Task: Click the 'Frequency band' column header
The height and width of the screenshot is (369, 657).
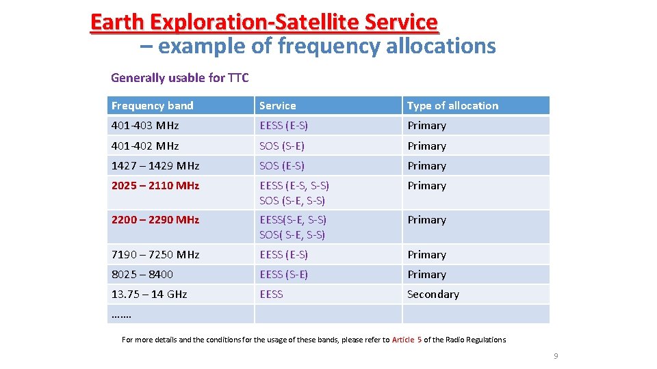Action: [x=153, y=106]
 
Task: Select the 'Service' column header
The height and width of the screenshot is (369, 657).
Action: [x=278, y=106]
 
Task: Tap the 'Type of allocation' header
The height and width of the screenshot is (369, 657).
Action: [x=452, y=106]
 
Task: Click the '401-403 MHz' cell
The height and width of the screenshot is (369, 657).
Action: [x=145, y=126]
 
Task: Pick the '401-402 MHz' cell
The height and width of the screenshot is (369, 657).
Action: [x=145, y=146]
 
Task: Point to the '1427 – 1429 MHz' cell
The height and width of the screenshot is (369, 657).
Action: [x=155, y=166]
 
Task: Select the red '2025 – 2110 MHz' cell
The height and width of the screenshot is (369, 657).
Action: [x=155, y=186]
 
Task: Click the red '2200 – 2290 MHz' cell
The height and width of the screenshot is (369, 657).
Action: [x=155, y=220]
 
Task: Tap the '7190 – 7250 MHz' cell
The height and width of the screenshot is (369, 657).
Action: [x=155, y=255]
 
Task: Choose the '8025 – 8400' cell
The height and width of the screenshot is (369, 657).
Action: [x=142, y=275]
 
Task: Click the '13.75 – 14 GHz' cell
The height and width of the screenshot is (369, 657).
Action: [x=149, y=295]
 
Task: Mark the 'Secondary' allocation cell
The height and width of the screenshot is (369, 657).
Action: [x=433, y=295]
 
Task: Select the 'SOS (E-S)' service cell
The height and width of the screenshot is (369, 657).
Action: [x=282, y=166]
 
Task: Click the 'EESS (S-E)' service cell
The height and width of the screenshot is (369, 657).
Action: [x=284, y=275]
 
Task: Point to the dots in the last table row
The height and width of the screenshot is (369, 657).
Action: [x=121, y=315]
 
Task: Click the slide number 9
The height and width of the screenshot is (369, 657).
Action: [x=556, y=356]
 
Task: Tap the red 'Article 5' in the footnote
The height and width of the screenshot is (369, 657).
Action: [x=407, y=340]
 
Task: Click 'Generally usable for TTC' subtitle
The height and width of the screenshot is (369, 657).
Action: [x=180, y=78]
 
